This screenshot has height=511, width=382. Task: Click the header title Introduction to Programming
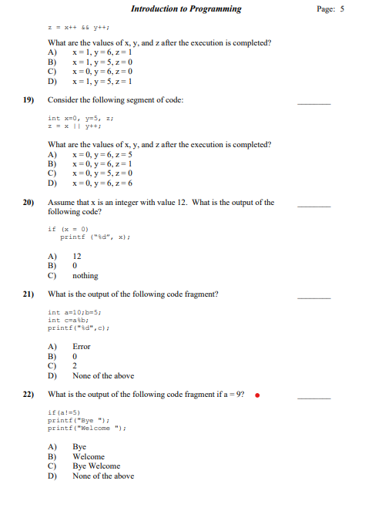186,9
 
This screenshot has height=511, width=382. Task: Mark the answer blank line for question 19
313,104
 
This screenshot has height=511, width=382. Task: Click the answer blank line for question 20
313,207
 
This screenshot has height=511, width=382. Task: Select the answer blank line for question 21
313,298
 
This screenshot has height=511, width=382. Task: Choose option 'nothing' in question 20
85,276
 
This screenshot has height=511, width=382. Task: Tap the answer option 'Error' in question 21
81,347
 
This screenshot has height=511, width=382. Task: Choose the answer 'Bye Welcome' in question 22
96,466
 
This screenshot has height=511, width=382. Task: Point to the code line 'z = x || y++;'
75,128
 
